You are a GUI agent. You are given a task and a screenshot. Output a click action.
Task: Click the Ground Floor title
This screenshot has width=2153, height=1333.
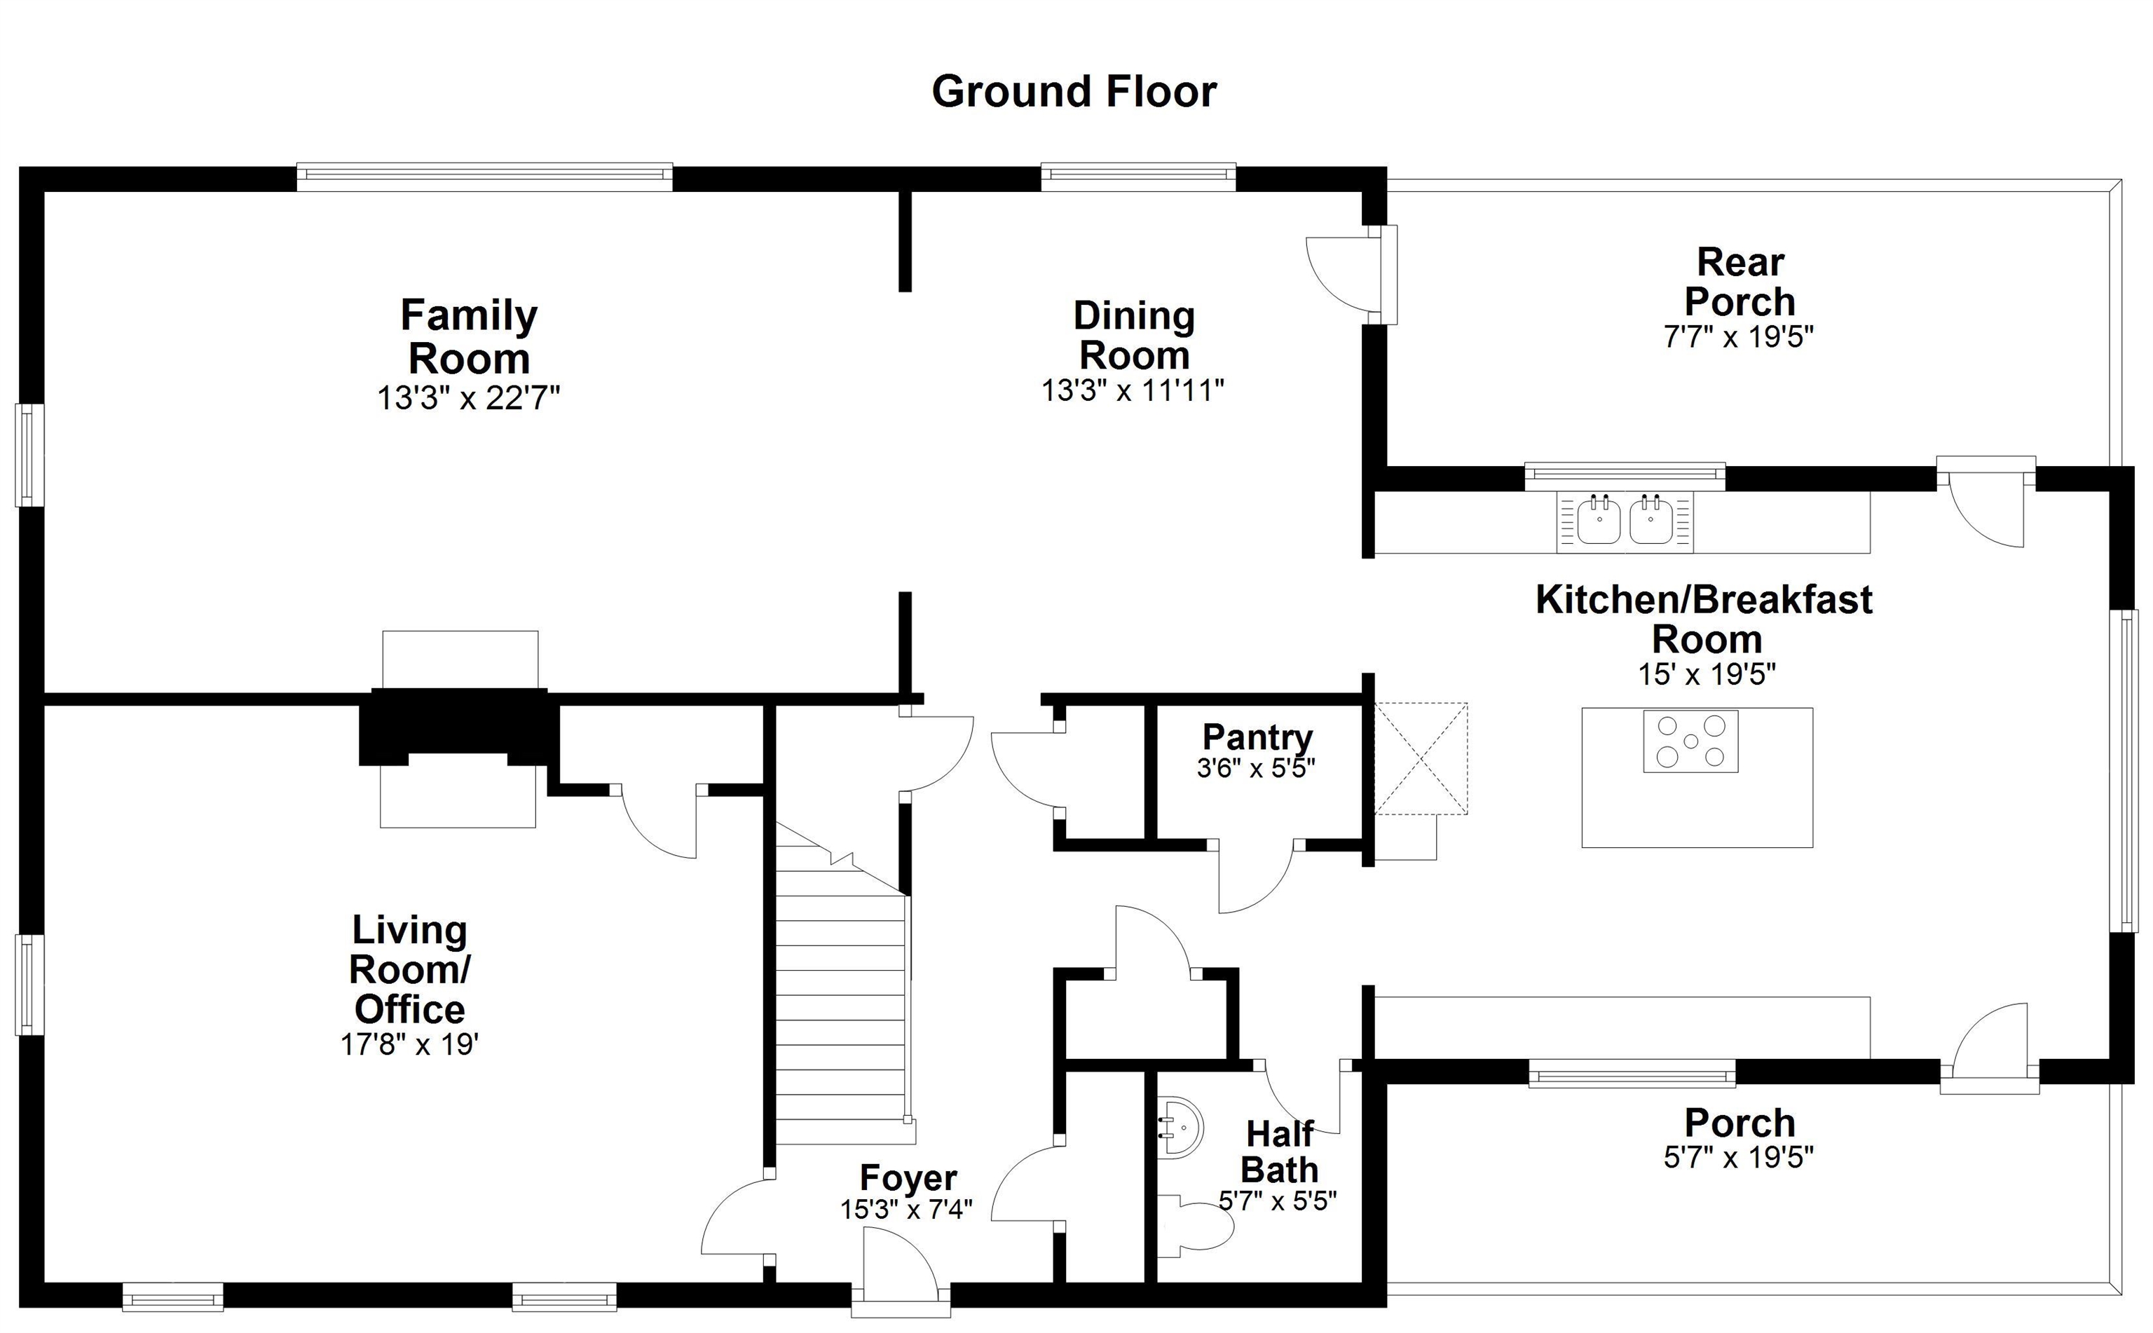(1073, 92)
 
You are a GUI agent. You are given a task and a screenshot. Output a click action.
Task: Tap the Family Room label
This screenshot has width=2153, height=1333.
(468, 337)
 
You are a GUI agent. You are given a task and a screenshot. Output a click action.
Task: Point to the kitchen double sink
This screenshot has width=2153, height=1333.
(1625, 521)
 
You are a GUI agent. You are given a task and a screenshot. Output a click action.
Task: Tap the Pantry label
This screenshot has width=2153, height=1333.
(1257, 736)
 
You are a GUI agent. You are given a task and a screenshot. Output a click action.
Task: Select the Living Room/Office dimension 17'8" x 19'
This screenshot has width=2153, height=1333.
(409, 1045)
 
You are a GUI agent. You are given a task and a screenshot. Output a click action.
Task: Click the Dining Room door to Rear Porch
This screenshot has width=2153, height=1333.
(1340, 274)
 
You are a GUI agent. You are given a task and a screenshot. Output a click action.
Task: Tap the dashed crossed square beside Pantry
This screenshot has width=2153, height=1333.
(1421, 758)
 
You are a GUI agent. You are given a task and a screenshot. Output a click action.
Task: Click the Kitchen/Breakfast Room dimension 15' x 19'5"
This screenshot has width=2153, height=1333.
(1706, 674)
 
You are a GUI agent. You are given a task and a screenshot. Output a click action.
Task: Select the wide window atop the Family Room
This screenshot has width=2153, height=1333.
(484, 177)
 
